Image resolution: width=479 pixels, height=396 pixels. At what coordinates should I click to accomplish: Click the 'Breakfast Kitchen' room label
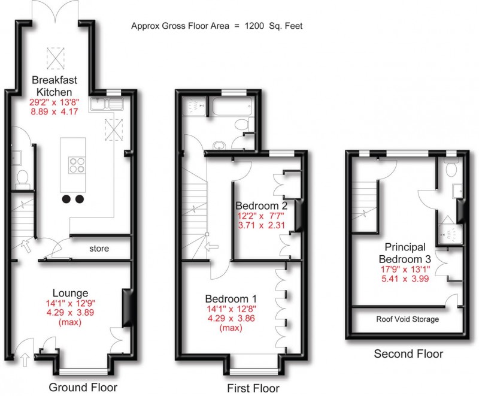(55, 86)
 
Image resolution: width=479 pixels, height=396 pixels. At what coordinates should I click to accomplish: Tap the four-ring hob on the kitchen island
(76, 164)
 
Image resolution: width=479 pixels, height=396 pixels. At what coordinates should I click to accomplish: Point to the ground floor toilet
(22, 177)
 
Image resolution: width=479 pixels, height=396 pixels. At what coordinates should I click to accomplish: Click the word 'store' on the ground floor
(99, 248)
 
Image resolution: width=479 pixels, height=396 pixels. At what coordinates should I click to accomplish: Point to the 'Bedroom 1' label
(231, 299)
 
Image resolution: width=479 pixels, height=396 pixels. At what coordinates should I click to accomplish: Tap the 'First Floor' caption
(253, 389)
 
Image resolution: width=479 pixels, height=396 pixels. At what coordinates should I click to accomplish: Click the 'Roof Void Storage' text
(407, 319)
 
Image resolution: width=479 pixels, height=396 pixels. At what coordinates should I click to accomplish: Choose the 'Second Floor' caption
(408, 354)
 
